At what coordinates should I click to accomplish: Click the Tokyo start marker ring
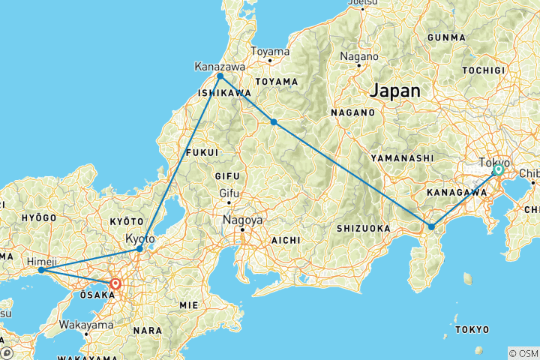pos(498,170)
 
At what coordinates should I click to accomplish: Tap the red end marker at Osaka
pos(115,284)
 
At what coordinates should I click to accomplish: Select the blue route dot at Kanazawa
pos(220,76)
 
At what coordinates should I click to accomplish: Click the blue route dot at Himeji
pos(40,270)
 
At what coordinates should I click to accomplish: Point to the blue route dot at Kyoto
pos(139,248)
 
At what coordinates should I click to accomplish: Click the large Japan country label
pos(394,90)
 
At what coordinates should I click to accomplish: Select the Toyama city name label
pos(270,52)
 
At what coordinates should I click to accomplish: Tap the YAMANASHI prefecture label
pos(403,158)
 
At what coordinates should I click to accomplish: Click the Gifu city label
pos(228,193)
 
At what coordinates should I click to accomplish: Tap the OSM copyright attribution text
pos(523,353)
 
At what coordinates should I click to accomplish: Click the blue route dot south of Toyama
pos(274,121)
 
